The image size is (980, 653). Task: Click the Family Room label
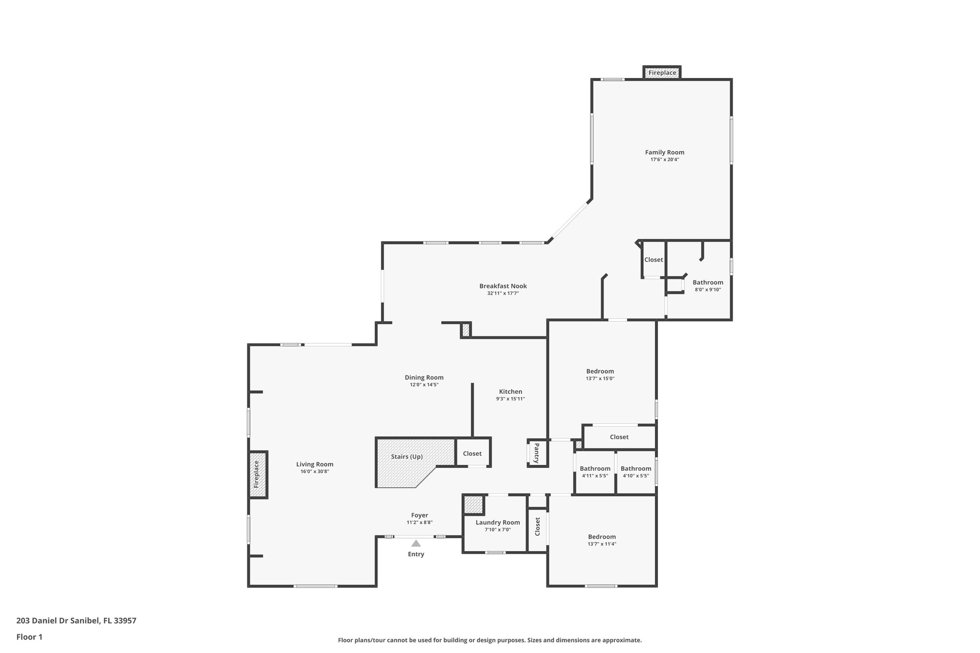[x=664, y=153]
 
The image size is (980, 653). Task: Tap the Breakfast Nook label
[x=503, y=286]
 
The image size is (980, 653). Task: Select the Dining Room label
[x=424, y=377]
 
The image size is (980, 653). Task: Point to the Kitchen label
[x=511, y=392]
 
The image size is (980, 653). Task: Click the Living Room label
[x=314, y=464]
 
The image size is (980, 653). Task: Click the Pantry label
[x=536, y=453]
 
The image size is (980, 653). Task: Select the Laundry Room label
[x=498, y=522]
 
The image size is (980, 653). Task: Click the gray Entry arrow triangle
[x=416, y=543]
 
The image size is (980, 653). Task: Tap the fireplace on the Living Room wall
[x=256, y=475]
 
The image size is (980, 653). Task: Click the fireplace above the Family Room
[x=662, y=73]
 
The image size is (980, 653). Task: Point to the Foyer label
[x=420, y=515]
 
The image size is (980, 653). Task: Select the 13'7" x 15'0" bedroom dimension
[x=600, y=378]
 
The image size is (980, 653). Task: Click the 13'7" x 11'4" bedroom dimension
[x=602, y=544]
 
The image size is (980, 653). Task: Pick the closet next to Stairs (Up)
[x=472, y=454]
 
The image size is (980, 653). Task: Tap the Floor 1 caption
[x=29, y=637]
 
